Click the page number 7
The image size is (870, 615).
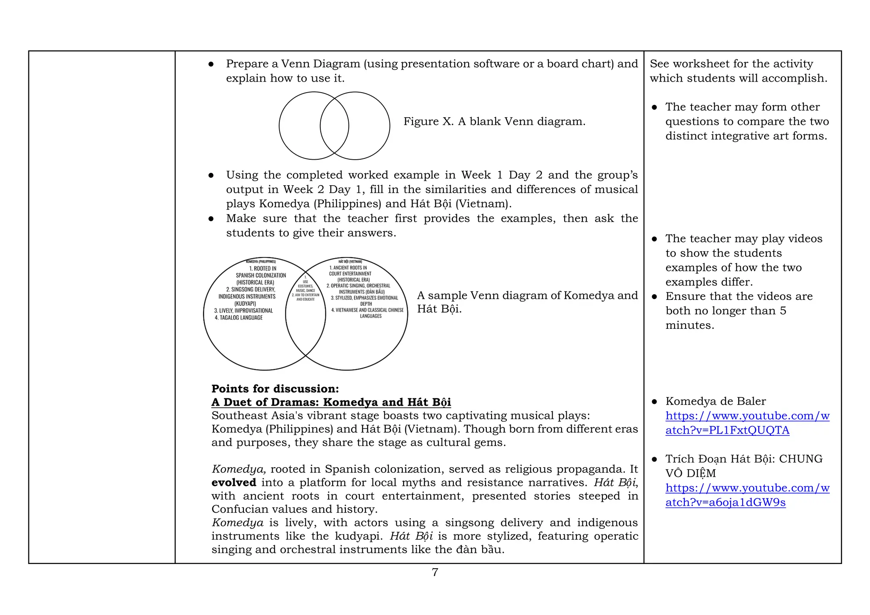(435, 572)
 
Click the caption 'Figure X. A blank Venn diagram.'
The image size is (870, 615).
(494, 121)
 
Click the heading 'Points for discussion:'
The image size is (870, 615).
(275, 389)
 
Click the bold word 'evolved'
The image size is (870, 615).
(234, 482)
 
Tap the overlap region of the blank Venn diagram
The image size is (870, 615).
(334, 126)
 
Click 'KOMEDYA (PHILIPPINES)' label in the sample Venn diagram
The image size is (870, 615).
(261, 262)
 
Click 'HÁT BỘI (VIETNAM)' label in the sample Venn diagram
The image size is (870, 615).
(350, 262)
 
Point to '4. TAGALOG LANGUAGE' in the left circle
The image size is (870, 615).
(238, 318)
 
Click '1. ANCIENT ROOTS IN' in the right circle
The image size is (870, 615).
(348, 268)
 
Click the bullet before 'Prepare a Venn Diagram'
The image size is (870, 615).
(211, 64)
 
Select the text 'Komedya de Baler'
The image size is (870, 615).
(715, 401)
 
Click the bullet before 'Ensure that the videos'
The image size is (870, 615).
(654, 297)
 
